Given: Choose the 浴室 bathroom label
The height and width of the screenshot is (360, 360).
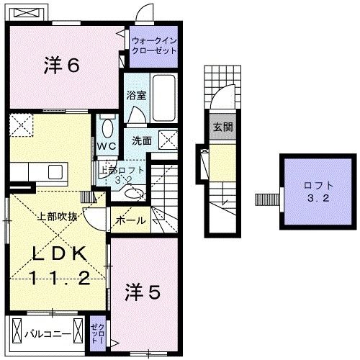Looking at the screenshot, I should click(x=135, y=94).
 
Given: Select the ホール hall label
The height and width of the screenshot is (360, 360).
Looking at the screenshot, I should click(x=131, y=220).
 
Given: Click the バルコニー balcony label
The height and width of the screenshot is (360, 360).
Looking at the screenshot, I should click(x=48, y=334).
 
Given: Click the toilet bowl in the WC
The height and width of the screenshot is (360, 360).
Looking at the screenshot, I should click(x=107, y=128).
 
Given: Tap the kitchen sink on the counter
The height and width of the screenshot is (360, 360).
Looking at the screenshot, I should click(x=55, y=172).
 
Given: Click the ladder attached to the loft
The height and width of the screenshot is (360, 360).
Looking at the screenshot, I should click(x=266, y=197).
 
